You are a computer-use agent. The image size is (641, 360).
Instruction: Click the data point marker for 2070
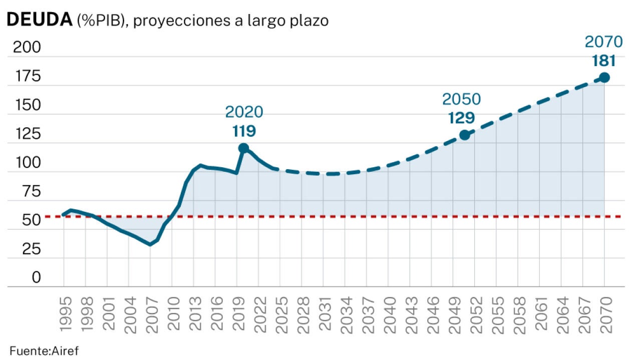(604, 78)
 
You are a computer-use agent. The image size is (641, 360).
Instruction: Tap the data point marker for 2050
(464, 135)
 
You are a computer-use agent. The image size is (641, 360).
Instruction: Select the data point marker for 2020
(243, 148)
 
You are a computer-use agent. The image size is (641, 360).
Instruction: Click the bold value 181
(603, 61)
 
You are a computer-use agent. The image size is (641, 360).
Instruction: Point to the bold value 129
(461, 118)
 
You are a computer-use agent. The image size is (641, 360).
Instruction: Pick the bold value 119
(244, 131)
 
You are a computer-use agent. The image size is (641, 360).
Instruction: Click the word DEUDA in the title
(39, 20)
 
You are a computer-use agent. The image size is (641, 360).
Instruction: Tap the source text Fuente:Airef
(45, 350)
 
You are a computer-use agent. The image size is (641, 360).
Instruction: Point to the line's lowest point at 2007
(150, 244)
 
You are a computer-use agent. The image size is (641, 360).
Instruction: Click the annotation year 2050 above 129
(461, 99)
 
